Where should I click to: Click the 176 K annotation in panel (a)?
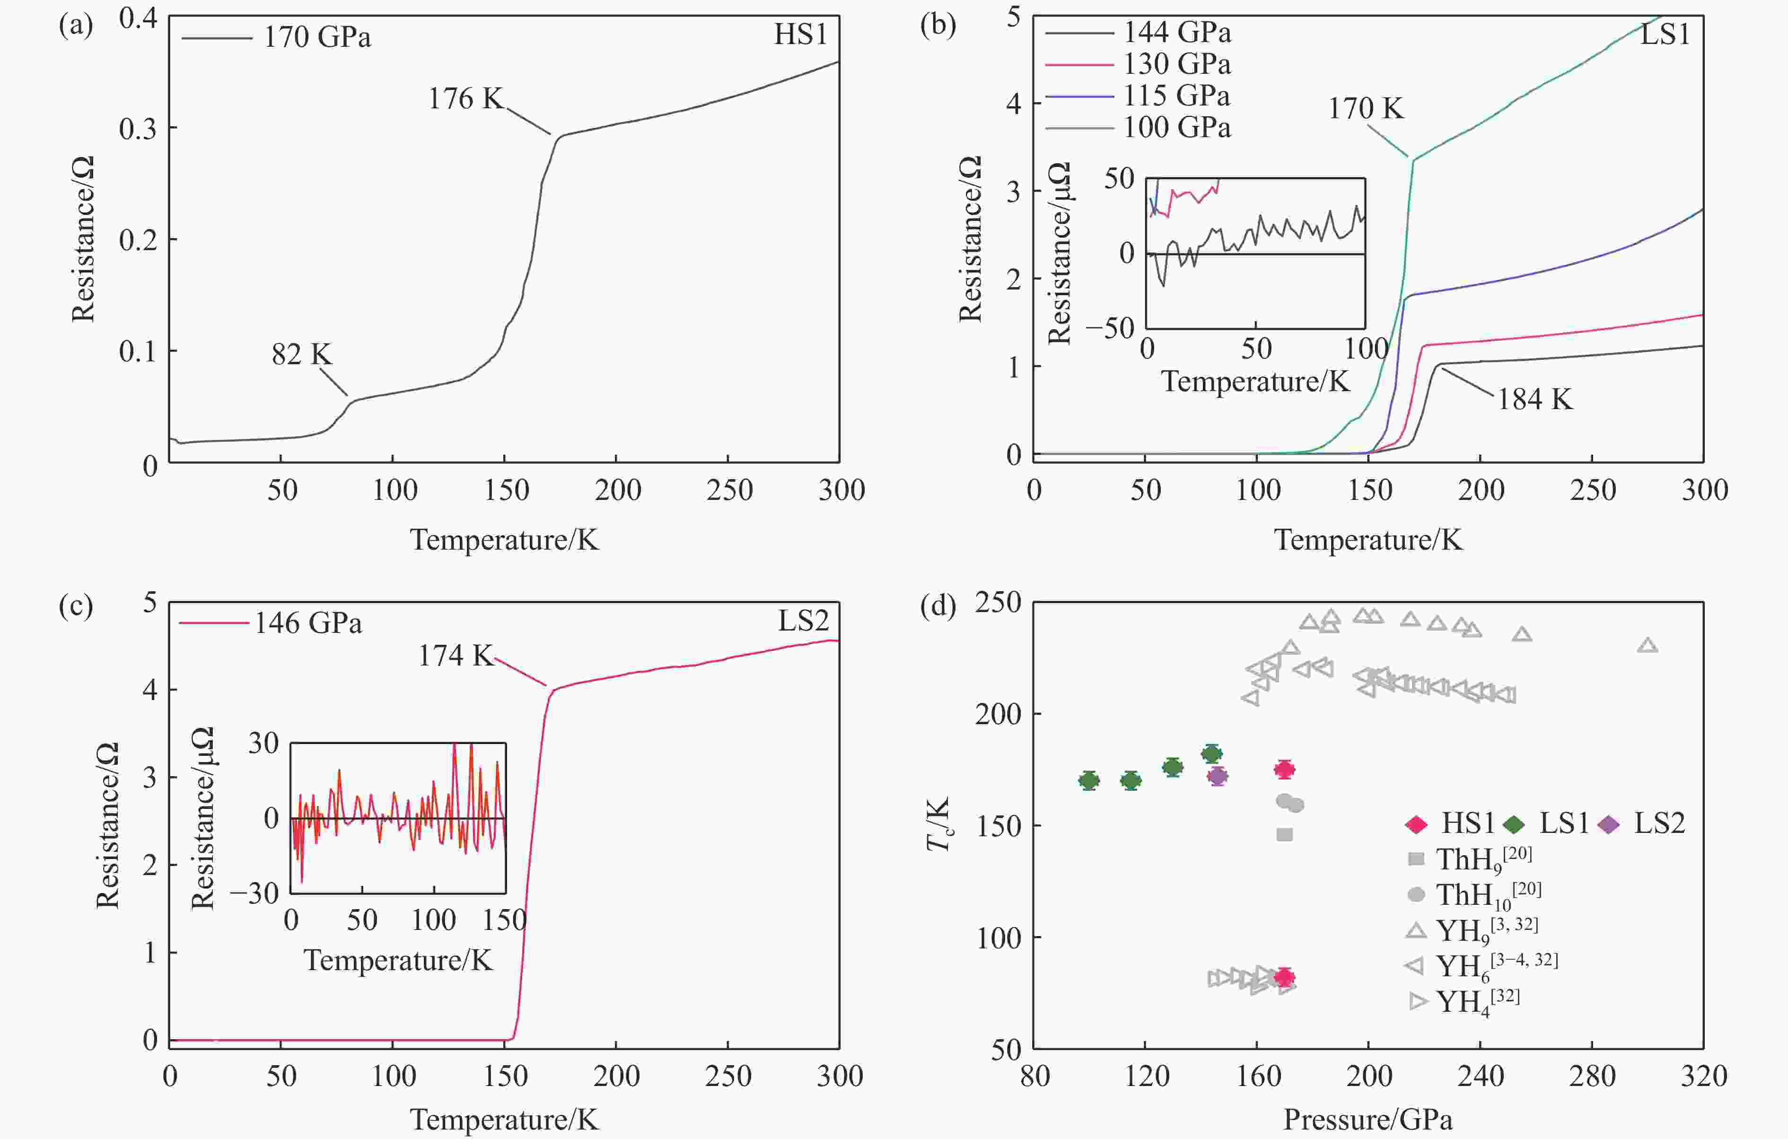465,99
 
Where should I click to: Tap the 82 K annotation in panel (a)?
301,355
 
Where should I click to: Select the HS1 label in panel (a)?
800,35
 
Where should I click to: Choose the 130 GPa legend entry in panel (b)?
1176,65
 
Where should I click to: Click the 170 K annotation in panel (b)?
1366,109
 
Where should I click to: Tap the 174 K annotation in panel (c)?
455,656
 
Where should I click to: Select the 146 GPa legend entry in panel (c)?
307,623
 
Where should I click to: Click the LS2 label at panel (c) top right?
803,621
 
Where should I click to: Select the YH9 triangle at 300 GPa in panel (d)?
1648,645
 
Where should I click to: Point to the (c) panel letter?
76,606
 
